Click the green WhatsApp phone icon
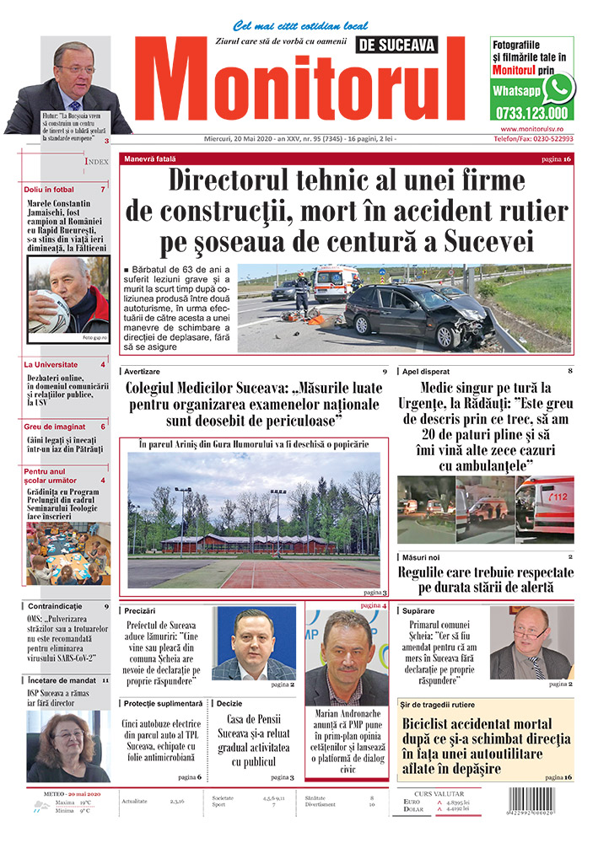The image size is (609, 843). click(558, 88)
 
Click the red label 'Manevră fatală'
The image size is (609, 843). click(150, 158)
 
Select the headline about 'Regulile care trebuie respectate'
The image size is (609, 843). click(485, 579)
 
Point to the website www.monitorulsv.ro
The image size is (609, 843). click(531, 128)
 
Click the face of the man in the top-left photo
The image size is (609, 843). click(74, 72)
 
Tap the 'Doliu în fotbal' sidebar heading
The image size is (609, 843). click(49, 190)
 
